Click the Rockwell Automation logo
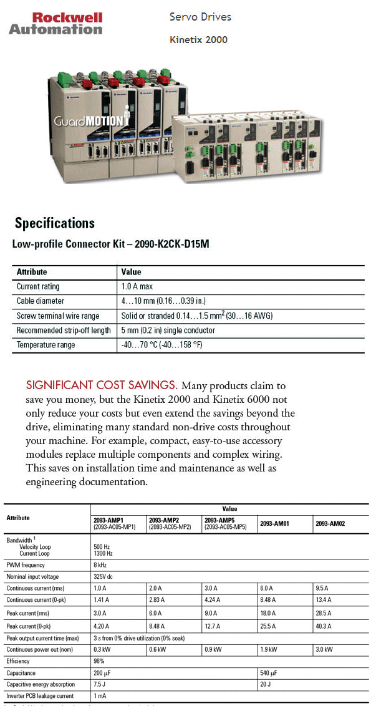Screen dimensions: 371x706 tap(55, 23)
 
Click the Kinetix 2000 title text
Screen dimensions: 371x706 tap(198, 40)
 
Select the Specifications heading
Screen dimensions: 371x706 tap(55, 223)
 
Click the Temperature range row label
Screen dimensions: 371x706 tap(46, 345)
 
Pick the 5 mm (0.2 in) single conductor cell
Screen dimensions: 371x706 tap(168, 331)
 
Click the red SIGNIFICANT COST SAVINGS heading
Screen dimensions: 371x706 tap(102, 385)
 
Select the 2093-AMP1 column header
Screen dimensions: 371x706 tap(108, 520)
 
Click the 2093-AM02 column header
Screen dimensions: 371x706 tap(330, 524)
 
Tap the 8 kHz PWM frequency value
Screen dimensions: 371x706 tap(101, 565)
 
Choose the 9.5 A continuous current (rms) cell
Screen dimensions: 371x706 tap(324, 588)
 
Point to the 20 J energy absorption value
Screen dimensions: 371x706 tap(265, 684)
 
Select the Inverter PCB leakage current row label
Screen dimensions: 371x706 tap(40, 695)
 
